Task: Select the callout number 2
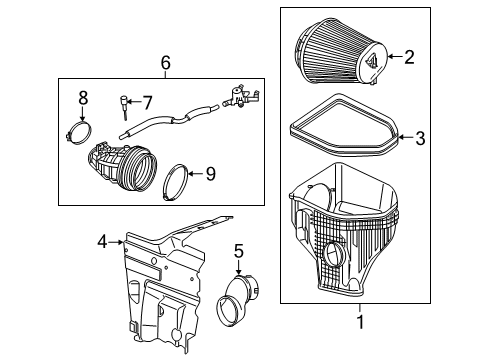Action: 408,57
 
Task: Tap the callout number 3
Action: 420,139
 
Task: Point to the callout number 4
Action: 102,240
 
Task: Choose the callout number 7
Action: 146,102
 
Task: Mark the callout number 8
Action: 84,98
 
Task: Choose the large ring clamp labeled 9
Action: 178,177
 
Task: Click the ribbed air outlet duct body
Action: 123,164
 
